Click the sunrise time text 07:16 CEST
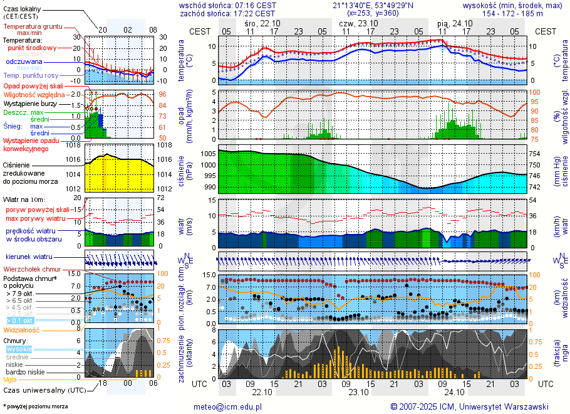click(253, 5)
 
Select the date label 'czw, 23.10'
click(355, 23)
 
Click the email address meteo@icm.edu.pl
click(231, 406)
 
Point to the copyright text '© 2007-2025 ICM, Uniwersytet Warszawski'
click(469, 406)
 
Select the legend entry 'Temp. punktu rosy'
click(31, 75)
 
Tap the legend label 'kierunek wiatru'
click(29, 257)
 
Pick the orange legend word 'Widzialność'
click(22, 329)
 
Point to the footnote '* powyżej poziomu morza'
click(35, 406)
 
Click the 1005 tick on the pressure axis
click(208, 154)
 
